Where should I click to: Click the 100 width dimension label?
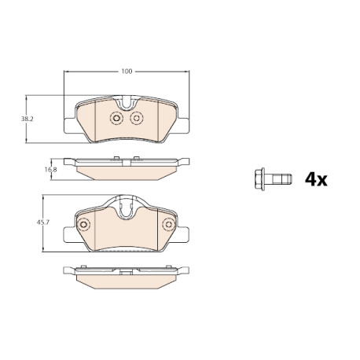(127, 71)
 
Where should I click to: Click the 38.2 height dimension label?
(28, 119)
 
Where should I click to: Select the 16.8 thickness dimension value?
(50, 169)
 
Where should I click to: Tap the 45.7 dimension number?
(43, 222)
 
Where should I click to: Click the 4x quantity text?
(316, 179)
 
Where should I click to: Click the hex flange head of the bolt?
(259, 179)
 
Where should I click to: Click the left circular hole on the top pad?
(116, 118)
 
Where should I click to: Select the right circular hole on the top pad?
(136, 118)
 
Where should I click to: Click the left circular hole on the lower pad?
(83, 225)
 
